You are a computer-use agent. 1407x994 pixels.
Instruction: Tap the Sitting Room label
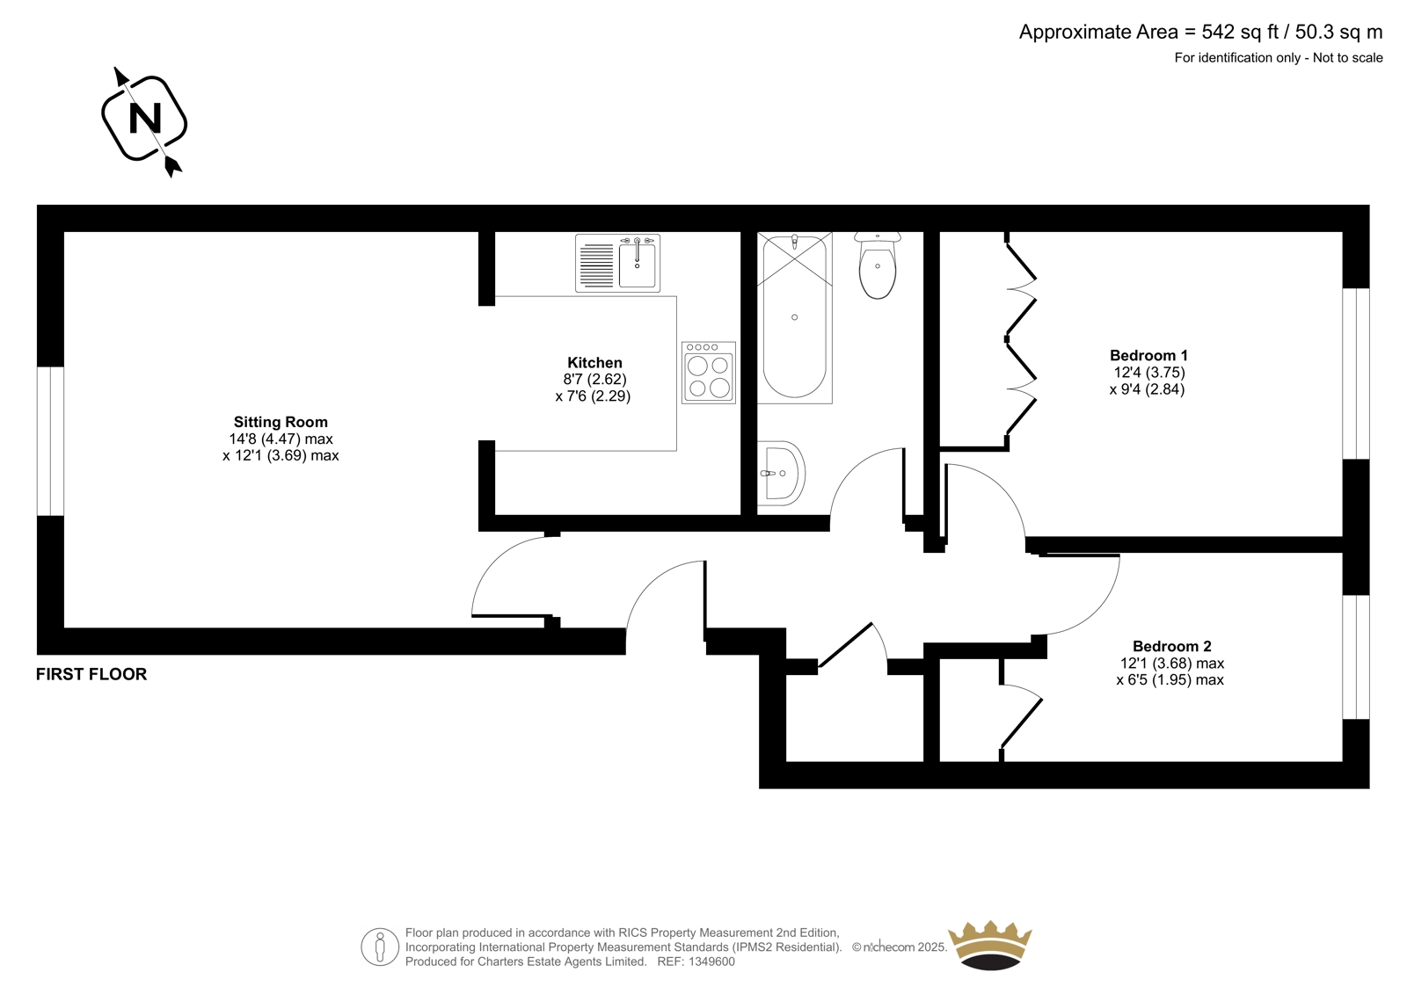pos(281,422)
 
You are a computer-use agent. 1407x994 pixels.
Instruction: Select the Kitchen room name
pos(594,362)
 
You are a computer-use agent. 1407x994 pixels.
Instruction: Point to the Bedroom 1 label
pos(1148,355)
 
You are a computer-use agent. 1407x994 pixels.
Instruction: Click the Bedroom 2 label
pos(1172,646)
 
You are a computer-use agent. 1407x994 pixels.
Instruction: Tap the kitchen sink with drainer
pos(617,263)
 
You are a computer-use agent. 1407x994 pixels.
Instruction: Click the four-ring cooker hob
pos(709,373)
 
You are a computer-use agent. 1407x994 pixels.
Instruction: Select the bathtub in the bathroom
pos(795,317)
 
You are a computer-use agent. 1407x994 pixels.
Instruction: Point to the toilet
pos(878,265)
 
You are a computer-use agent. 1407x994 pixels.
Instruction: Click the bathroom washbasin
pos(781,473)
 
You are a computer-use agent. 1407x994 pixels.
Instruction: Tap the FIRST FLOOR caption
pos(91,674)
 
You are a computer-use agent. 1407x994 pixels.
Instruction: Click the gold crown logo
pos(990,945)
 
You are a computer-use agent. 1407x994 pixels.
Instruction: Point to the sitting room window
pos(50,441)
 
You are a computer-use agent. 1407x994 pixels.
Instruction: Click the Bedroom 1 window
pos(1356,374)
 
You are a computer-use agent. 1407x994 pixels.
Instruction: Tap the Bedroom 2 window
pos(1356,657)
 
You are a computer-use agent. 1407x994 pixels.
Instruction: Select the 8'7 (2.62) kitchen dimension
pos(594,380)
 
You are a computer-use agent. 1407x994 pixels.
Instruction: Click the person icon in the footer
pos(380,947)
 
